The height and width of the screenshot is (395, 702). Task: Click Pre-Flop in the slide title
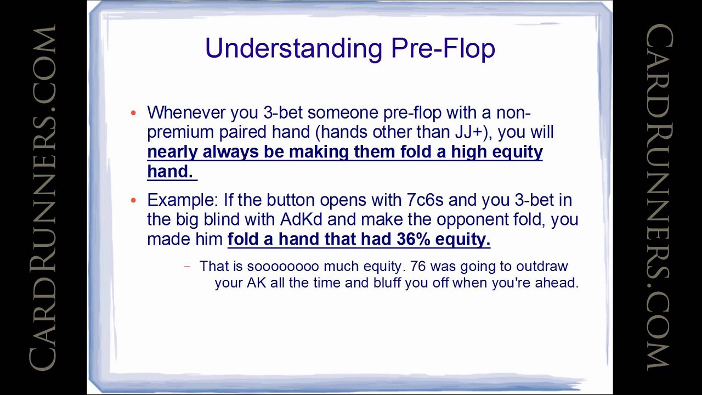[443, 48]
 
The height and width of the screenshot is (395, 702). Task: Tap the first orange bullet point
[133, 113]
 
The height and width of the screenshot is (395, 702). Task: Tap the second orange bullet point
[133, 200]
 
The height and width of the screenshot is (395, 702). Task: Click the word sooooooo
[282, 267]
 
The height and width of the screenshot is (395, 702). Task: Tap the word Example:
[183, 200]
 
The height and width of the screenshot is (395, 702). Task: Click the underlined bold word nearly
[172, 152]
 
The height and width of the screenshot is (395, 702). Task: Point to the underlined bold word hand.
[169, 171]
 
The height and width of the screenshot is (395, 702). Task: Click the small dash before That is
[188, 267]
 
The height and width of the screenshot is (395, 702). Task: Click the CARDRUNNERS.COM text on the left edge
[43, 198]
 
